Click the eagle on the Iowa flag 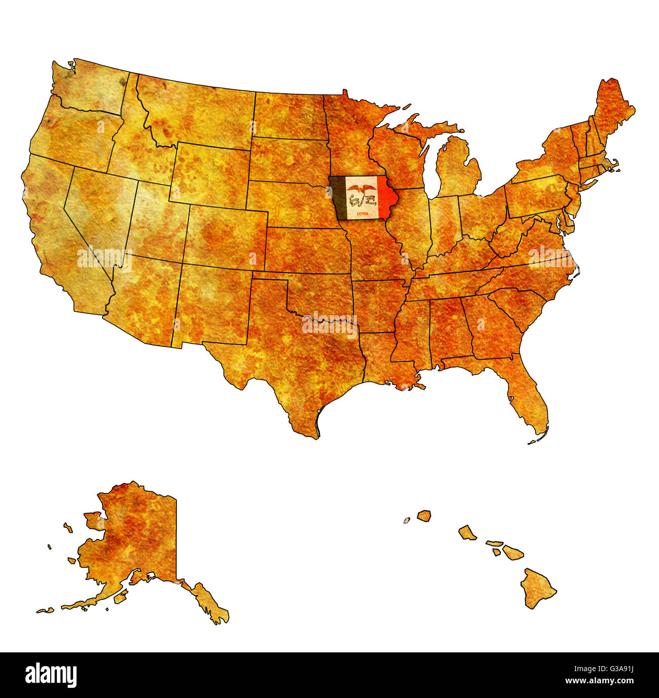point(361,190)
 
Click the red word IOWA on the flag point(362,214)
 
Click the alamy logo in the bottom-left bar point(51,675)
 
